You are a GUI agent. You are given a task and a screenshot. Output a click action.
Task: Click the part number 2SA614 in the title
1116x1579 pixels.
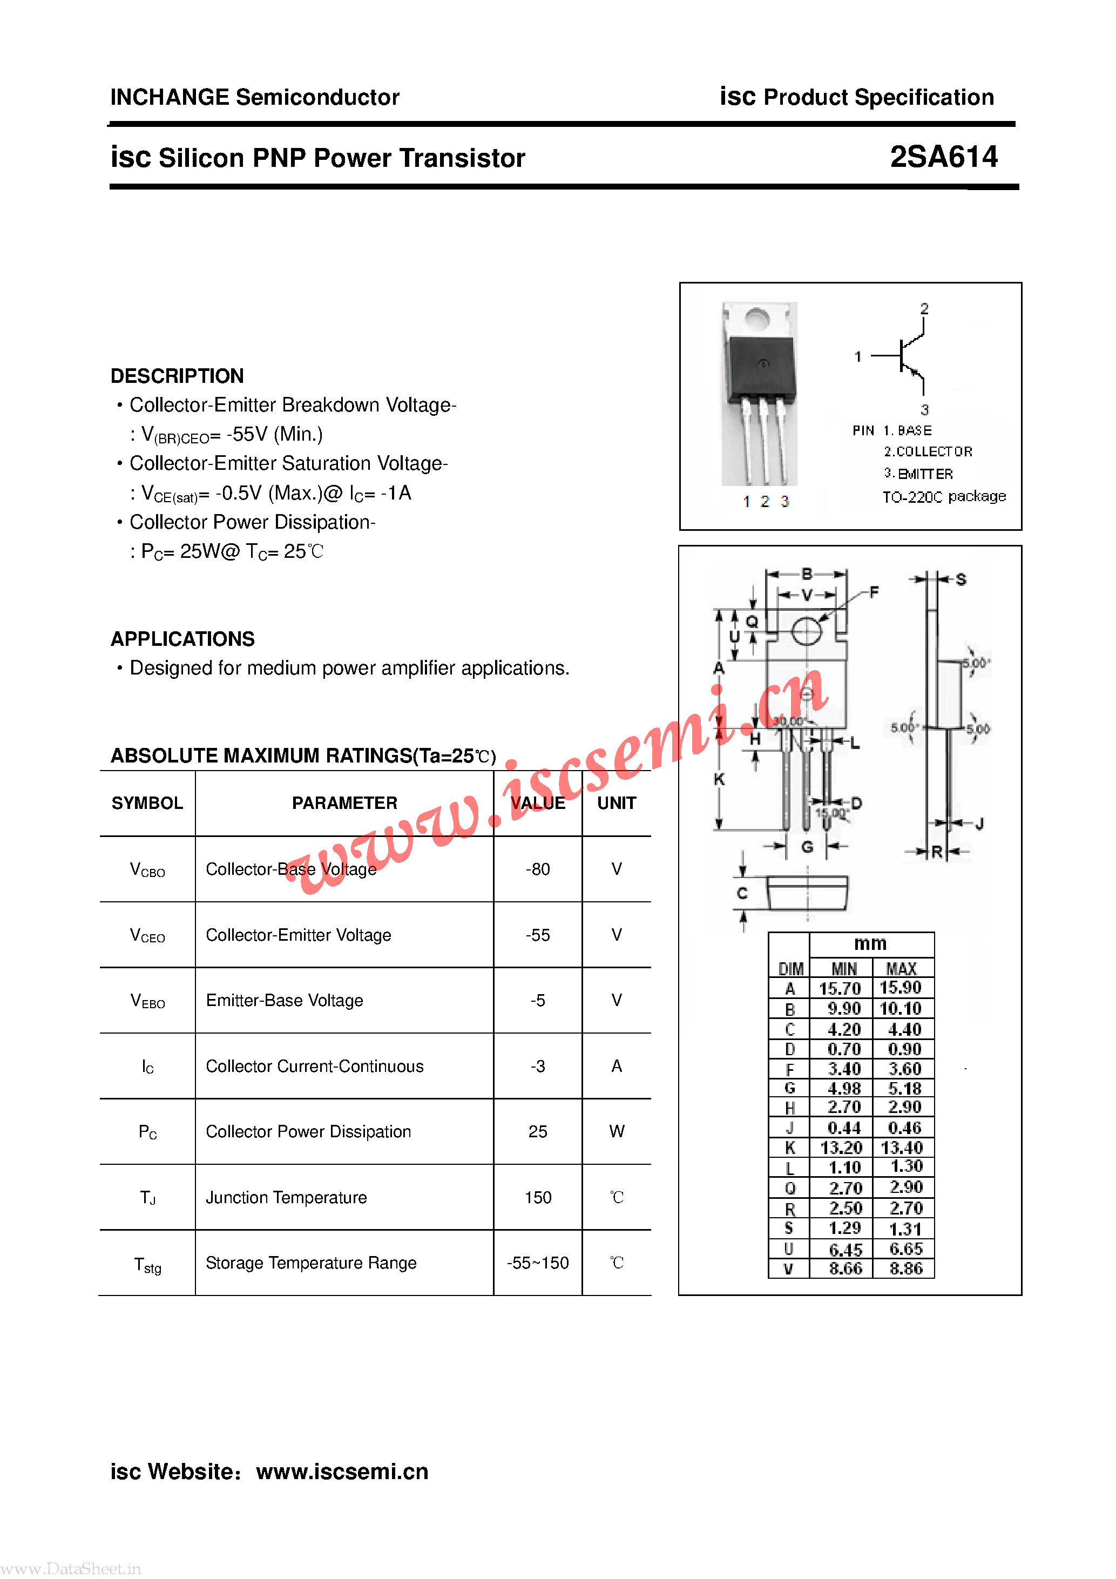[x=943, y=157]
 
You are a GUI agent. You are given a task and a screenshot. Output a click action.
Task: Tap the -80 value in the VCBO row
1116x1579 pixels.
[x=537, y=869]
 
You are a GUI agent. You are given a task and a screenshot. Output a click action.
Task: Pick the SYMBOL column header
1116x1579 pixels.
[x=147, y=803]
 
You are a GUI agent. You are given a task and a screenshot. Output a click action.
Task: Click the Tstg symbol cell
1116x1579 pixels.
[x=147, y=1264]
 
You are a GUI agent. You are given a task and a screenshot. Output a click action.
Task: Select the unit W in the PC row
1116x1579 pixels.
[x=616, y=1131]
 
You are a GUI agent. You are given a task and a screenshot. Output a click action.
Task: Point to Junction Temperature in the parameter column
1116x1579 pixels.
[x=286, y=1197]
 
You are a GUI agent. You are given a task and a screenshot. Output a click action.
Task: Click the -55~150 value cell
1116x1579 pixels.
[x=537, y=1263]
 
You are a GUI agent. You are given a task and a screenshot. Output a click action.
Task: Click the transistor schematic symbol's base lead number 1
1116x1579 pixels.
[x=857, y=356]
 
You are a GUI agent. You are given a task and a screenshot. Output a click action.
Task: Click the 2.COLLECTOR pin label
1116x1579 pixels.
[x=928, y=452]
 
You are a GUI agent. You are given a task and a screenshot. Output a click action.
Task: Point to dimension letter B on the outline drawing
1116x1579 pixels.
[x=807, y=573]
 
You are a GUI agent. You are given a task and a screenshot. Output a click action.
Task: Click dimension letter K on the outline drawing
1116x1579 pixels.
[x=719, y=779]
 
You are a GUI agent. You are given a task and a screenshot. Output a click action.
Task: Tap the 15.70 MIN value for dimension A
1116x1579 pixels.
[x=840, y=988]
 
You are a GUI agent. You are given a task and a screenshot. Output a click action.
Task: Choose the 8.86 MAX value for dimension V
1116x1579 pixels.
[x=905, y=1268]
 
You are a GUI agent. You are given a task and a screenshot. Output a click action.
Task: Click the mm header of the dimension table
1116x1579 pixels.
[x=870, y=943]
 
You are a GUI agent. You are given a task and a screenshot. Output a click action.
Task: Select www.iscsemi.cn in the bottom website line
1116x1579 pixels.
[x=342, y=1471]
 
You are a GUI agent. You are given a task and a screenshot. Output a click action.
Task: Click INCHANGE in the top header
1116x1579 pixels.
[x=169, y=97]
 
